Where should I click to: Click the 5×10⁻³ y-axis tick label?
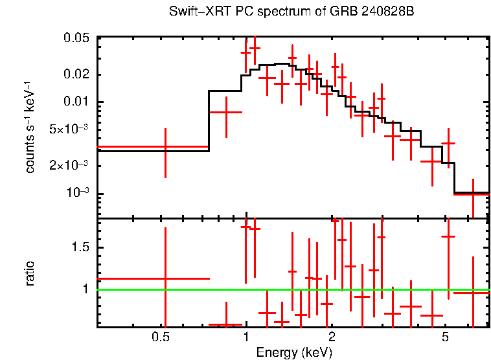pyautogui.click(x=72, y=129)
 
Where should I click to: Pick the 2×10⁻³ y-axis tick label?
pyautogui.click(x=72, y=166)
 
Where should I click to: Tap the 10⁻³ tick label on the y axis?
pyautogui.click(x=76, y=193)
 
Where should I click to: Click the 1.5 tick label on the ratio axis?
pyautogui.click(x=82, y=248)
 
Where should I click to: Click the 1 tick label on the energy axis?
pyautogui.click(x=246, y=337)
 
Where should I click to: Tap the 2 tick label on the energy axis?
pyautogui.click(x=331, y=337)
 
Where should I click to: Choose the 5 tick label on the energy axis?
pyautogui.click(x=444, y=337)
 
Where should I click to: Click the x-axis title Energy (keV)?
pyautogui.click(x=293, y=352)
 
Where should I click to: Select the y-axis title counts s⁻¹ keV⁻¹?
pyautogui.click(x=30, y=128)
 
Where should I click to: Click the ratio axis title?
pyautogui.click(x=30, y=273)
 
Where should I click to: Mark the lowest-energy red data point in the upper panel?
pyautogui.click(x=165, y=148)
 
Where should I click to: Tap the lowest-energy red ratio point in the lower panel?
pyautogui.click(x=165, y=278)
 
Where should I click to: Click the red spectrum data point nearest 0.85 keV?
pyautogui.click(x=226, y=112)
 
